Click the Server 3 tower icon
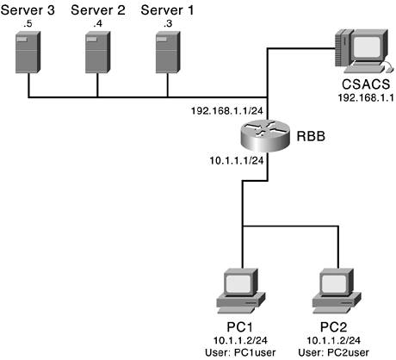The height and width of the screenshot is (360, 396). [28, 52]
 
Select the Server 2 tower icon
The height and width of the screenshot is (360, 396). [98, 52]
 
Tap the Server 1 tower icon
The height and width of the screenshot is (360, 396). [168, 52]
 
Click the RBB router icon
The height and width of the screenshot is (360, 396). [263, 134]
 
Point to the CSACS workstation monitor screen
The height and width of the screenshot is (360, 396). [367, 47]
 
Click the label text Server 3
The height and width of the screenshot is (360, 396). [28, 10]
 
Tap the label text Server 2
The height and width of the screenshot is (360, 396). [98, 10]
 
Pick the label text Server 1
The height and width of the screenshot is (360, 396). [167, 10]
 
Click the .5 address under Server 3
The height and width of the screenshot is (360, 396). [28, 24]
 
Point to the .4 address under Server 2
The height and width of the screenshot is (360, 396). [98, 24]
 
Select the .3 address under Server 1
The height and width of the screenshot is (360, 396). [168, 24]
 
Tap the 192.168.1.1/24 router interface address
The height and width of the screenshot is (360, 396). [227, 110]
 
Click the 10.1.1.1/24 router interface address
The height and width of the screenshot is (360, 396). [237, 160]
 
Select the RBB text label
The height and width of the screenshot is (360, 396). [311, 136]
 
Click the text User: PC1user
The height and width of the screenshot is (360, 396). [240, 352]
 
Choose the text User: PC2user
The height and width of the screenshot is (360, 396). [334, 352]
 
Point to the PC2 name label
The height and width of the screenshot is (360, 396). [333, 327]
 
